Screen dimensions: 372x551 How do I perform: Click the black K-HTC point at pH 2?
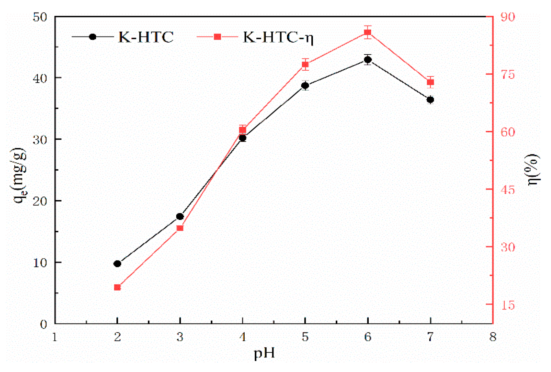click(x=117, y=263)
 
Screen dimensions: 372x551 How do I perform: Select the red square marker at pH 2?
click(x=117, y=287)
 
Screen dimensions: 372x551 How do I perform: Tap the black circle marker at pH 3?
click(x=180, y=216)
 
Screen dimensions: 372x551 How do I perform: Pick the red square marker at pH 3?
click(x=180, y=228)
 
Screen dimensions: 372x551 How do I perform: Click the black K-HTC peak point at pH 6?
click(x=368, y=60)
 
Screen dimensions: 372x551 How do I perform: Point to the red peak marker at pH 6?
click(x=368, y=33)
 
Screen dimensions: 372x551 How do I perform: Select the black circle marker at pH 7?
click(x=430, y=100)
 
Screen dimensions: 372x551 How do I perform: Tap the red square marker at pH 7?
click(x=430, y=82)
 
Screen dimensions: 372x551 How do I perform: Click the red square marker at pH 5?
click(x=305, y=64)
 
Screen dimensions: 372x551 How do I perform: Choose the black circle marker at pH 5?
click(x=305, y=85)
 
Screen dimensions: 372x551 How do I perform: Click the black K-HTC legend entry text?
click(x=146, y=37)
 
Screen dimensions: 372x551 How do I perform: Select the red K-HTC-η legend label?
click(x=278, y=37)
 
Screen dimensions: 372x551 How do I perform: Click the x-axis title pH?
click(x=265, y=353)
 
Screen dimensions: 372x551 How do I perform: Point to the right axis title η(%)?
click(x=533, y=170)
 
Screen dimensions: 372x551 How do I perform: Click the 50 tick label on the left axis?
click(x=40, y=17)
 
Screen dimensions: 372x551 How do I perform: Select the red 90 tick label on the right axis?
click(x=507, y=17)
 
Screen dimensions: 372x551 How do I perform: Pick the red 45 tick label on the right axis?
click(x=507, y=189)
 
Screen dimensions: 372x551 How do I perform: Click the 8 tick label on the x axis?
click(x=493, y=337)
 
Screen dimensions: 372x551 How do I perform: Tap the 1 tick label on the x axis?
click(x=55, y=337)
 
